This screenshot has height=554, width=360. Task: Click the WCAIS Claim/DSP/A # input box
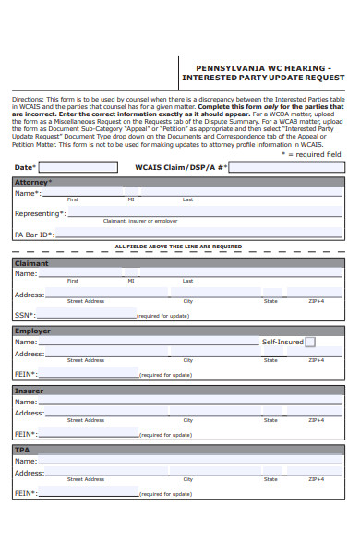[x=285, y=167]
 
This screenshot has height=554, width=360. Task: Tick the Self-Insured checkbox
[x=310, y=342]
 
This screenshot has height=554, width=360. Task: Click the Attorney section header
[x=31, y=183]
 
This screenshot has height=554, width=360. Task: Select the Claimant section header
[x=31, y=263]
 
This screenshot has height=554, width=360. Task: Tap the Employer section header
[x=32, y=331]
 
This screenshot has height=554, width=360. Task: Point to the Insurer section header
[x=29, y=391]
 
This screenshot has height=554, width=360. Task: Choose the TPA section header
[x=22, y=450]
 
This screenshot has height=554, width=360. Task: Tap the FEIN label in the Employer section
[x=26, y=374]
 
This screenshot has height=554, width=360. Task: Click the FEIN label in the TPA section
[x=26, y=493]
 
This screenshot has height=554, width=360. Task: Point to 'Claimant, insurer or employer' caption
[x=140, y=222]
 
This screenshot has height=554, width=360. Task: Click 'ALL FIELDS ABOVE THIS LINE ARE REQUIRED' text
[x=178, y=247]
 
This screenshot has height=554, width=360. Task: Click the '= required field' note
[x=315, y=154]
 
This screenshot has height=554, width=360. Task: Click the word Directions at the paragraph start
[x=28, y=97]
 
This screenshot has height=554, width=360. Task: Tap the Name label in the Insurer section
[x=26, y=402]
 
